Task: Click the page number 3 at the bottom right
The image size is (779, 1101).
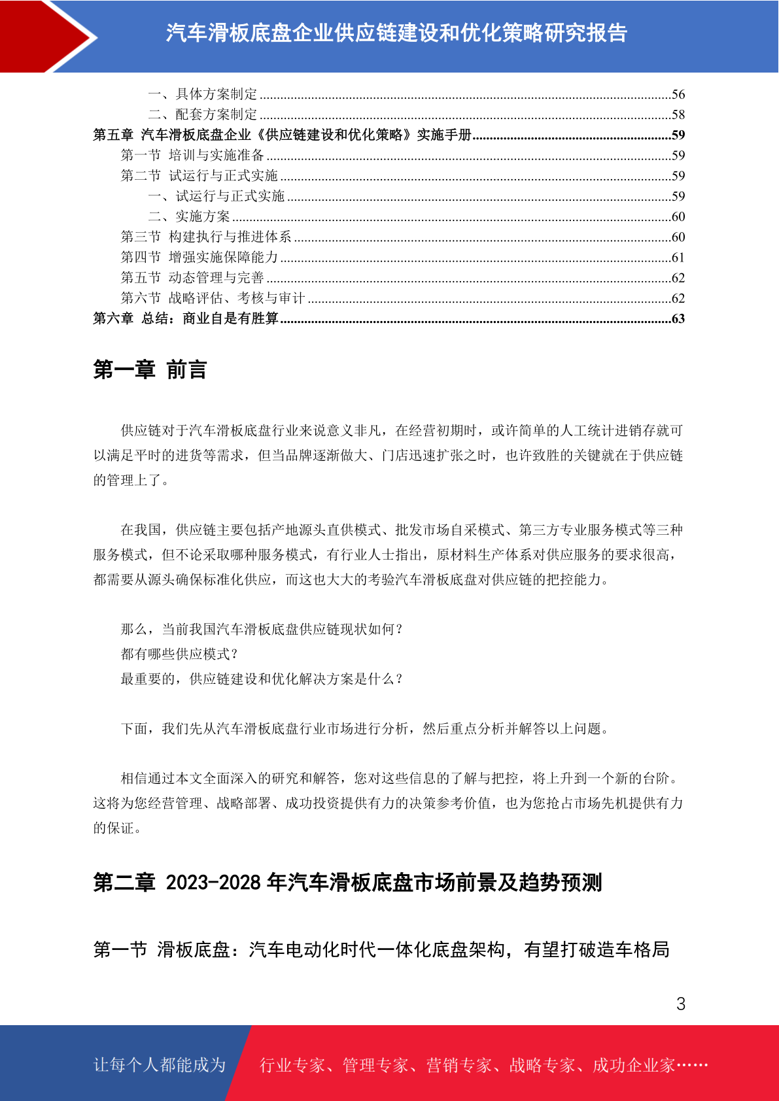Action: coord(680,1004)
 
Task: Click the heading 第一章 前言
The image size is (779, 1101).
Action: coord(150,369)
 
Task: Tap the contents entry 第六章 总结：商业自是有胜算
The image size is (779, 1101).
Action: coord(186,318)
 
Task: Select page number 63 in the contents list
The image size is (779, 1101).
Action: coord(678,318)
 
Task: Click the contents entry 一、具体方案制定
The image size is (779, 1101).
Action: coord(203,94)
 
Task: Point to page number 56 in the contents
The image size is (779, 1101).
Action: coord(678,94)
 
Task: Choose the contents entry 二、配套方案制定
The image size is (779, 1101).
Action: coord(203,114)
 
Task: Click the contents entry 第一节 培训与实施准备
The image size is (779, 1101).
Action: coord(192,155)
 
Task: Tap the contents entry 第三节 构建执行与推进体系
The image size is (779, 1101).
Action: coord(206,237)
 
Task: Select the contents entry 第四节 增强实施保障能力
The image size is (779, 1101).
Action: coord(199,257)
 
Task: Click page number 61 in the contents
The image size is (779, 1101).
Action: coord(678,258)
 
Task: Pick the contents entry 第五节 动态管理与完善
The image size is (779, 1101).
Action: coord(192,277)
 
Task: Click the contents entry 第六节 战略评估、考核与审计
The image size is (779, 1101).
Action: coord(213,298)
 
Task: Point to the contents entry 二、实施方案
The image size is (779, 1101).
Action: coord(189,216)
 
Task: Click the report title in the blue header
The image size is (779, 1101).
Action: coord(396,33)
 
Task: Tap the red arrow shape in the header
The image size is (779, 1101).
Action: coord(46,36)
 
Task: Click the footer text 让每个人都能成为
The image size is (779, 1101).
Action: coord(160,1065)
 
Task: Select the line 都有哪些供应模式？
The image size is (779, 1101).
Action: coord(180,654)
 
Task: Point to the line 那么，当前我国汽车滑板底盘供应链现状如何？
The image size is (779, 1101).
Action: coord(262,629)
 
